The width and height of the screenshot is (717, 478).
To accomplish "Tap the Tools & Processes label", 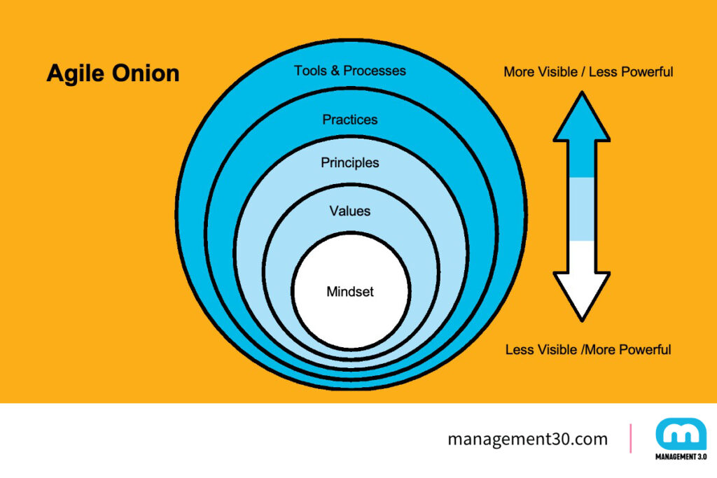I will point(350,71).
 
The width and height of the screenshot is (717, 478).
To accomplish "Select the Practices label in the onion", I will point(350,120).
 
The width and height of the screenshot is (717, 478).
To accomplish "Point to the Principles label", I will point(350,163).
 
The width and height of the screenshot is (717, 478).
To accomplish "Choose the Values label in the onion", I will point(350,211).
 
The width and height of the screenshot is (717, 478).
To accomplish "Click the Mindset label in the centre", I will point(350,292).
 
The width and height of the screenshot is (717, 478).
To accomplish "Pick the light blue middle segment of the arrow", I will point(581,209).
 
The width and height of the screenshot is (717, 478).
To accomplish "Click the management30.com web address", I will point(528,440).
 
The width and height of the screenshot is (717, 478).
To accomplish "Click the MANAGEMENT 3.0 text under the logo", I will point(680,457).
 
